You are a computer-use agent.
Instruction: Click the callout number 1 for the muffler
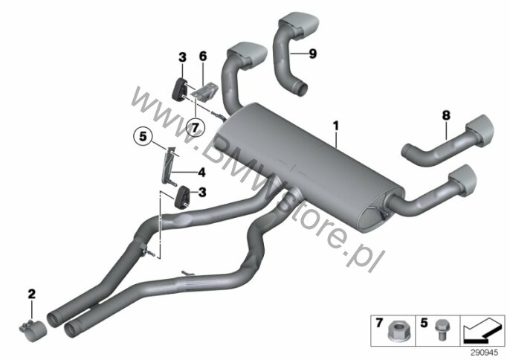[336, 126]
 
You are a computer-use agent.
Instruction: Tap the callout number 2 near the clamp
[31, 295]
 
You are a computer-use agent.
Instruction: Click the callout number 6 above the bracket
[203, 57]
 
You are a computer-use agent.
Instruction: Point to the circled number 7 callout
[195, 128]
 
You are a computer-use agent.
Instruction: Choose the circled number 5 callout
[143, 136]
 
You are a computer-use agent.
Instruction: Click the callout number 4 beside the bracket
[202, 172]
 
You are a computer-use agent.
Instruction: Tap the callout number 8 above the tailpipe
[446, 115]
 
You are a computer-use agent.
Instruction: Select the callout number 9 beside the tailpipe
[312, 54]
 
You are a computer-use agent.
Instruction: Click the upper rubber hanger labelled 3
[178, 89]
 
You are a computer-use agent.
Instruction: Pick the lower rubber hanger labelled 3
[182, 196]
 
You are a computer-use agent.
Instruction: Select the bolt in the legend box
[440, 330]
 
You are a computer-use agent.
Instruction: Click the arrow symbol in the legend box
[482, 331]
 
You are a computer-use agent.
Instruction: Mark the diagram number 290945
[484, 353]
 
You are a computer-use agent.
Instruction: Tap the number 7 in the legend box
[379, 323]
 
